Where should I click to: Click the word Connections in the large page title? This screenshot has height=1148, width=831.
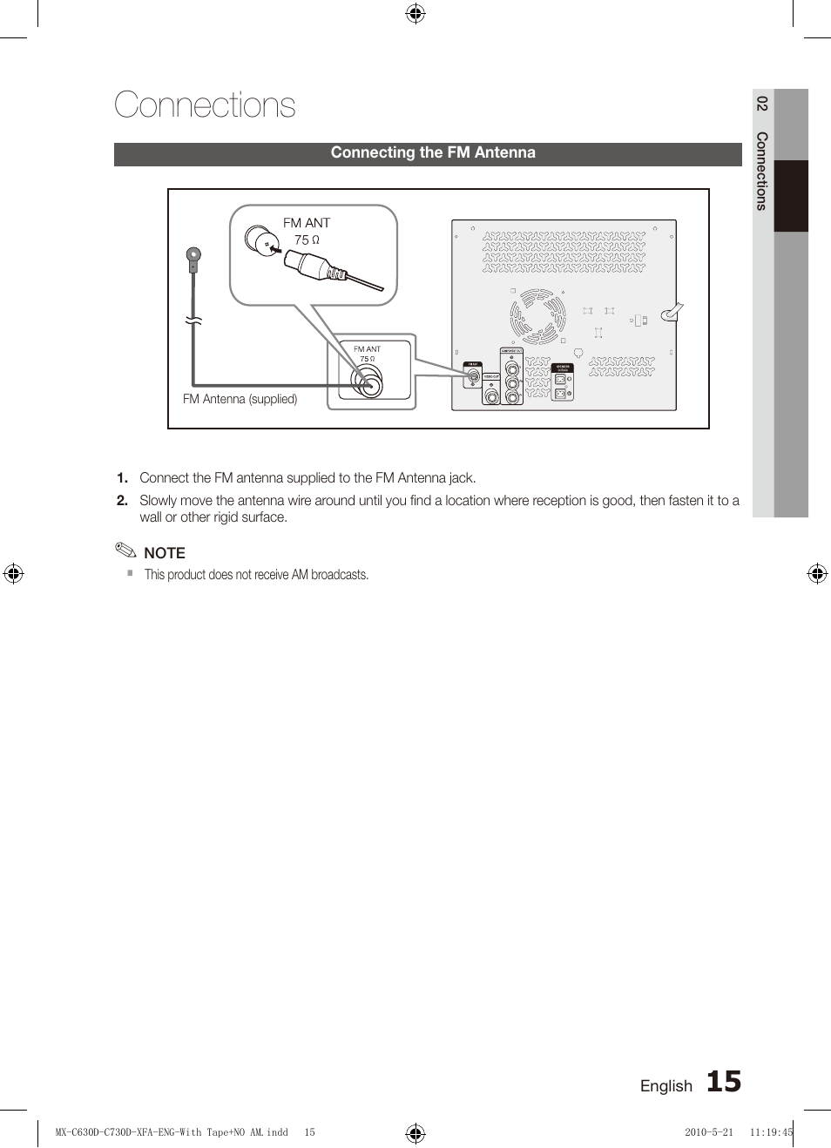[x=205, y=105]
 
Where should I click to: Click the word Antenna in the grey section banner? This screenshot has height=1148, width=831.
[x=504, y=152]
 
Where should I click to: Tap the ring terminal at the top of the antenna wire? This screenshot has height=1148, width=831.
[x=193, y=256]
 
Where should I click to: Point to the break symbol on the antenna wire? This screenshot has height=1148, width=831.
[x=193, y=321]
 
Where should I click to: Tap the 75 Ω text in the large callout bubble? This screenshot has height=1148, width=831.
[x=307, y=240]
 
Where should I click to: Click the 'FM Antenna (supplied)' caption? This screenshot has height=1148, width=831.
[x=240, y=399]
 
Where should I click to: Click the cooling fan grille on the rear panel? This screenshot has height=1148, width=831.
[x=537, y=316]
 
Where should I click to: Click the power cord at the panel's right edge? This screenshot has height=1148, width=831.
[x=672, y=313]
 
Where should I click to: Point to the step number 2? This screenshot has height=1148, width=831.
[x=122, y=501]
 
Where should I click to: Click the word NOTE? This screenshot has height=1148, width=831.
[x=165, y=553]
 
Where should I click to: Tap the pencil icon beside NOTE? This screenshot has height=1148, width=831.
[x=125, y=550]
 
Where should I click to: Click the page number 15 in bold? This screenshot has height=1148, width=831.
[x=723, y=1082]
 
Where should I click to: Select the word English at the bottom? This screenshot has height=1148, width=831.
[x=665, y=1086]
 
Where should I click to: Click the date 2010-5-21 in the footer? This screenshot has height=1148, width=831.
[x=708, y=1132]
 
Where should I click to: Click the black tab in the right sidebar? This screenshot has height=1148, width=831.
[x=791, y=196]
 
